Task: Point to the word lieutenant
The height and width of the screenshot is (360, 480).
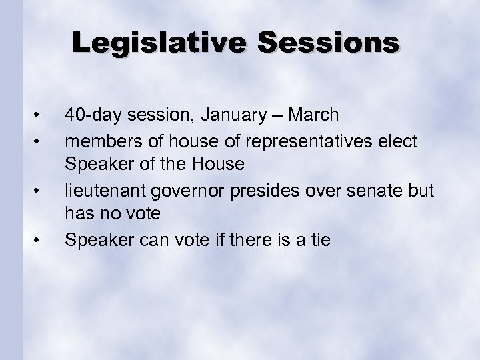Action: click(x=100, y=190)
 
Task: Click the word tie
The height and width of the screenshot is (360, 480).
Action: click(x=318, y=239)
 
